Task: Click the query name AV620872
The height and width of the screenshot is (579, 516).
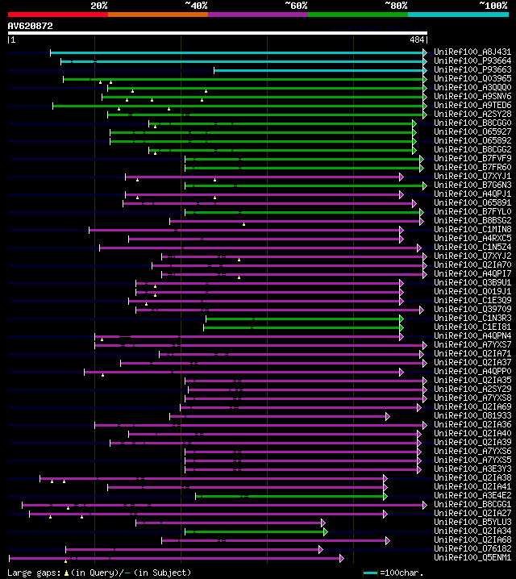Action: click(x=31, y=26)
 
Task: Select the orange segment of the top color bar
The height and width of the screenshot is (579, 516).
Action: click(x=157, y=14)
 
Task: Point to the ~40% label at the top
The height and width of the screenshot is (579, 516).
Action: click(x=196, y=5)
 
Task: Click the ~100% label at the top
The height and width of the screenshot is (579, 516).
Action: click(x=493, y=5)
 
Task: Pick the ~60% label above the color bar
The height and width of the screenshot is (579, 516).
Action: click(x=296, y=5)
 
